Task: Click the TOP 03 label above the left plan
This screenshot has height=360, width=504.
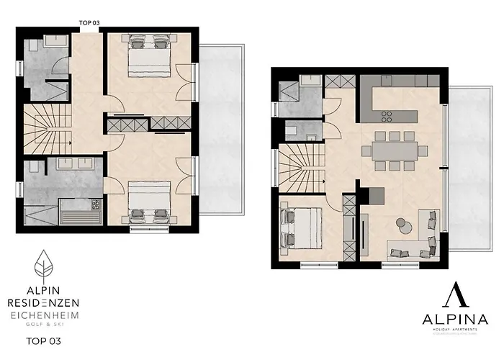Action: (89, 23)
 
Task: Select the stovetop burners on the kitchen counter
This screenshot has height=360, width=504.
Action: (386, 115)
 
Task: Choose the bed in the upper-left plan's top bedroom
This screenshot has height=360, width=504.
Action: (149, 55)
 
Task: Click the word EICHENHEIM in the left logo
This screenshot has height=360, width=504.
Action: (45, 315)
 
